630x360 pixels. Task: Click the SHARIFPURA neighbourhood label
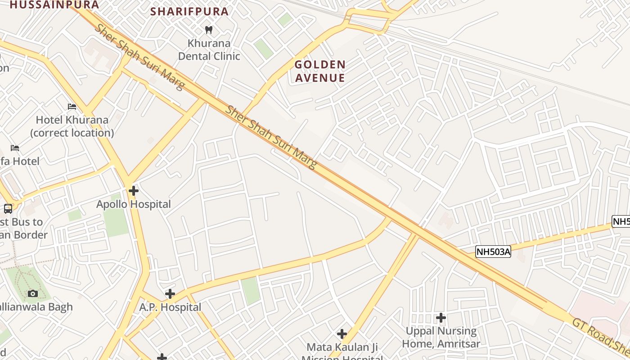coord(189,11)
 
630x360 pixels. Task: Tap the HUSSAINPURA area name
coord(54,4)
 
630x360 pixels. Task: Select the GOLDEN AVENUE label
coord(320,71)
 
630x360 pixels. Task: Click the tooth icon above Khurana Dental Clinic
coord(208,30)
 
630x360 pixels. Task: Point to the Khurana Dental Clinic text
coord(209,49)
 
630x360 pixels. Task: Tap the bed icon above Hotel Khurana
coord(72,107)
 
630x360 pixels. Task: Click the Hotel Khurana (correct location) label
coord(72,126)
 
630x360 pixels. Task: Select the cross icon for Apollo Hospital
coord(134,191)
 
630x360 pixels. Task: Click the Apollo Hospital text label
coord(134,204)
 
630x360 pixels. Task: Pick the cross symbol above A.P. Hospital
coord(170,294)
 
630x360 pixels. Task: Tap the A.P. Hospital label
coord(170,307)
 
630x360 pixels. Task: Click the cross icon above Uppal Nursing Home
coord(441,318)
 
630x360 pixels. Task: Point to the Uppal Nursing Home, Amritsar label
coord(441,337)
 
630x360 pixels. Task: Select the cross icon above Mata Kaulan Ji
coord(342,334)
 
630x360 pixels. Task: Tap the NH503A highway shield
coord(493,252)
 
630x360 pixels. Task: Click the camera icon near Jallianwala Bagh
coord(32,294)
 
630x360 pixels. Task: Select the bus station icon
coord(8,209)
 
